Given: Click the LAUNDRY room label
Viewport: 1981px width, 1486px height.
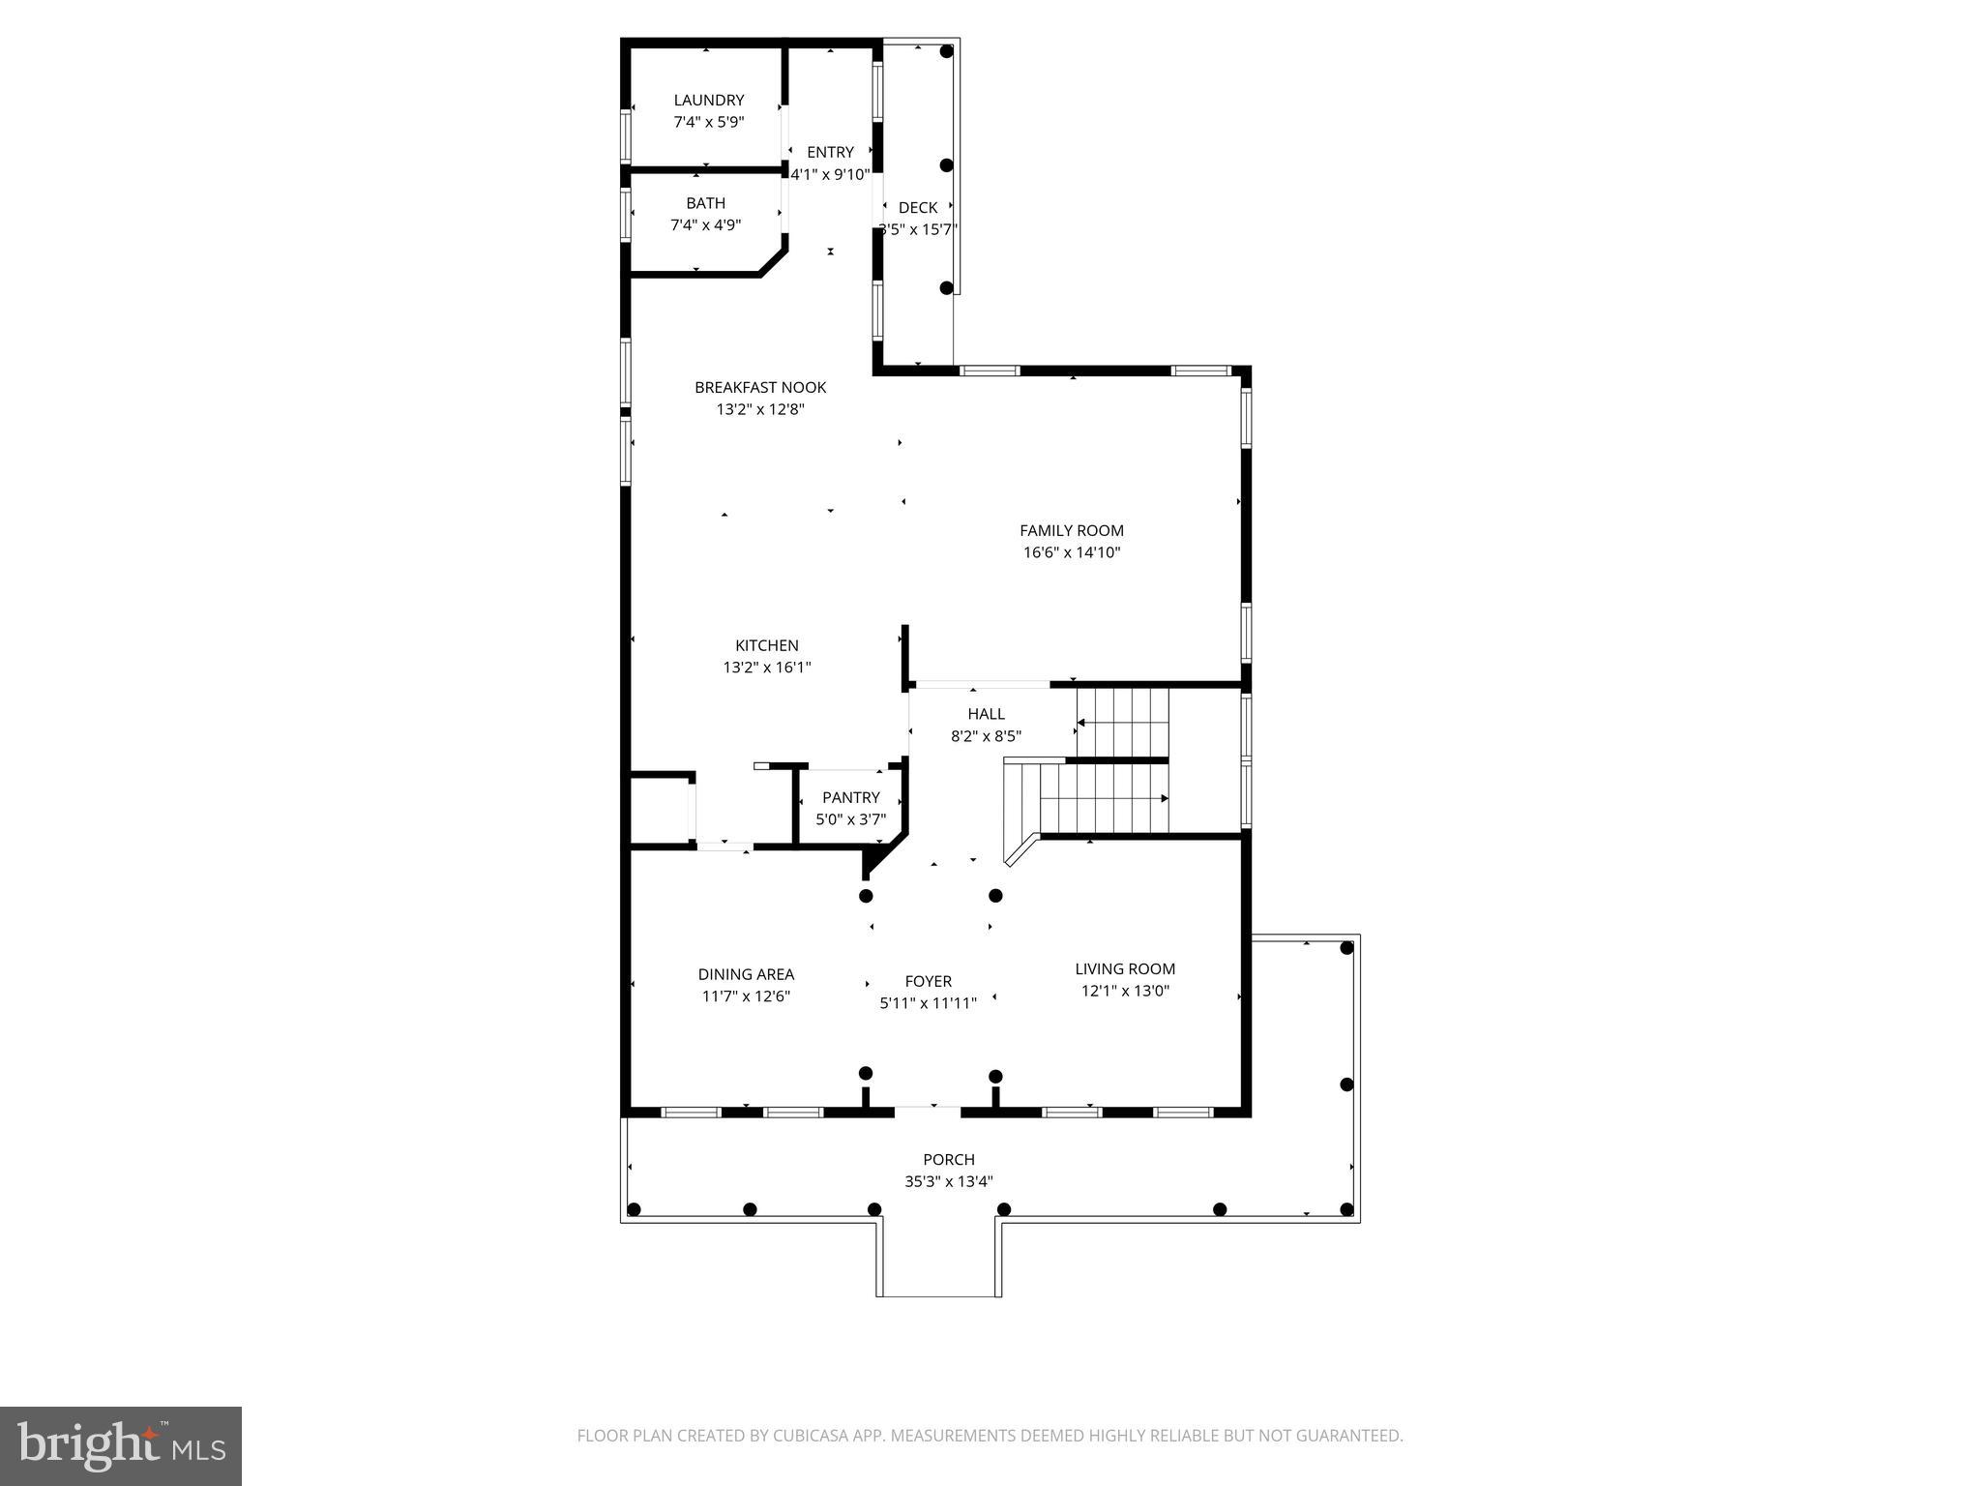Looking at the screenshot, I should (708, 100).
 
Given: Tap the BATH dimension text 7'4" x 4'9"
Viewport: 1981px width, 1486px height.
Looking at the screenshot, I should (705, 225).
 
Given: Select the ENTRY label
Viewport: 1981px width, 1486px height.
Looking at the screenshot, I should (830, 152).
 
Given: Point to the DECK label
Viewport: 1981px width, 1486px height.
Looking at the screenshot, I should (917, 207).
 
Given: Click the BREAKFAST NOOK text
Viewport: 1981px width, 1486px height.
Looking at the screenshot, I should (760, 387).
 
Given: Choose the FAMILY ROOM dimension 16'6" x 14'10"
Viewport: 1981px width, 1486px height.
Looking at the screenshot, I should (1072, 552).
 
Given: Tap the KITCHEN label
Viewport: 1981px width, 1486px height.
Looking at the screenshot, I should (766, 645).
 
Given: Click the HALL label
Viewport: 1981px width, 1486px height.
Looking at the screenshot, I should (986, 714).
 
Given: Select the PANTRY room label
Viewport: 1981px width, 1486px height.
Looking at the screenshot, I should (850, 797).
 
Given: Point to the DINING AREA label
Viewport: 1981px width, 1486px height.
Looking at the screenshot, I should (746, 974).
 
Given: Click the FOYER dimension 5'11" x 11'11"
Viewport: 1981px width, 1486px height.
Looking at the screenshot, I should (928, 1003).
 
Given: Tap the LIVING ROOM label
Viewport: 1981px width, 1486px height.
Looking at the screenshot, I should (1125, 968).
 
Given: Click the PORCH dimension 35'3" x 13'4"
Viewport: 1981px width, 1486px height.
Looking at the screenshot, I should (948, 1181).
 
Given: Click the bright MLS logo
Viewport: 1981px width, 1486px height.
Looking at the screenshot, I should (121, 1445).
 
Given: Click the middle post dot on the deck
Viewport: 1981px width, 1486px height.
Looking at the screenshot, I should (946, 165).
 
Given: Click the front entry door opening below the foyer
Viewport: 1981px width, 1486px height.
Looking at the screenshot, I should (928, 1109).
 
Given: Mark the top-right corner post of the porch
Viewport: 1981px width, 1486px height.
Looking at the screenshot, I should (1346, 948).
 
